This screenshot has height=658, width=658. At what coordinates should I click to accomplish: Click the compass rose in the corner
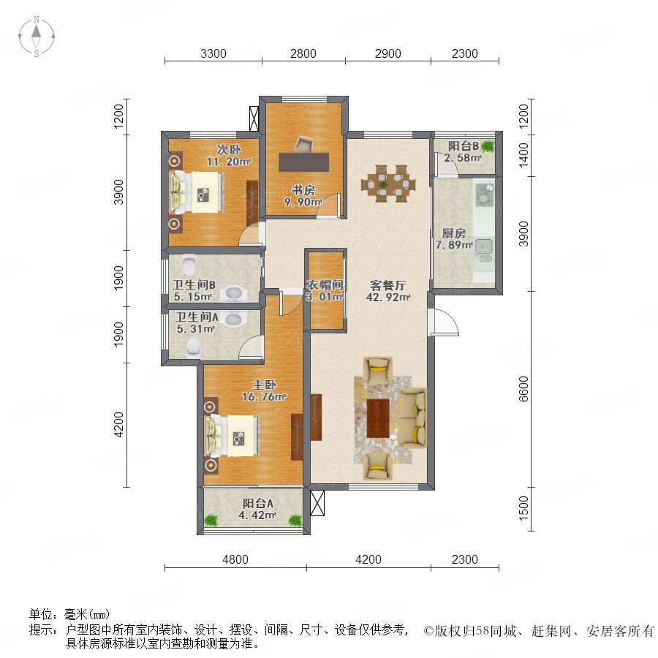tap(37, 37)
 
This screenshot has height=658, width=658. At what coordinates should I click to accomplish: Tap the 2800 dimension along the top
tap(303, 53)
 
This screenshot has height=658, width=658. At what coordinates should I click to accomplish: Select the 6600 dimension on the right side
tap(523, 389)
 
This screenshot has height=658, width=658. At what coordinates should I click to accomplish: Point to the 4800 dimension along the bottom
tap(235, 559)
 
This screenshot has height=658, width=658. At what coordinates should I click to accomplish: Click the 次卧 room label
tap(229, 149)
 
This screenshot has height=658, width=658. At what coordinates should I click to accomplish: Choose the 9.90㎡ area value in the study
tap(303, 202)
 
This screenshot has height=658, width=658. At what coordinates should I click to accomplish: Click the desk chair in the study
tap(304, 144)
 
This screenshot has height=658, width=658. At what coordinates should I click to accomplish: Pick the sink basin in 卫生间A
tap(233, 319)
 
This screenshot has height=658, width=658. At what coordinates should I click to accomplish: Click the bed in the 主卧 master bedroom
tap(232, 436)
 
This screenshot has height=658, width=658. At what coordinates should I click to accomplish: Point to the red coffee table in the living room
tap(378, 418)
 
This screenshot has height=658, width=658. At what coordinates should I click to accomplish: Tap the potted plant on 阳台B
tap(488, 146)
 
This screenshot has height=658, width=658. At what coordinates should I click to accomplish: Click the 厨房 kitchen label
tap(453, 233)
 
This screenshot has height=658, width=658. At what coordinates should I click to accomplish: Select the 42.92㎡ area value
tap(388, 297)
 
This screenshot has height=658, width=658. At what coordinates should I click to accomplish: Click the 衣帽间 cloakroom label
tap(325, 285)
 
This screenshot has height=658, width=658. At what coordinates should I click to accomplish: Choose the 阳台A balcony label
tap(258, 503)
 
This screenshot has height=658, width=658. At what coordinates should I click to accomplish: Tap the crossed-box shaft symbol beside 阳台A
tap(317, 503)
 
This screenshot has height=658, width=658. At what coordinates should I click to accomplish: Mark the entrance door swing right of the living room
tap(444, 322)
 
